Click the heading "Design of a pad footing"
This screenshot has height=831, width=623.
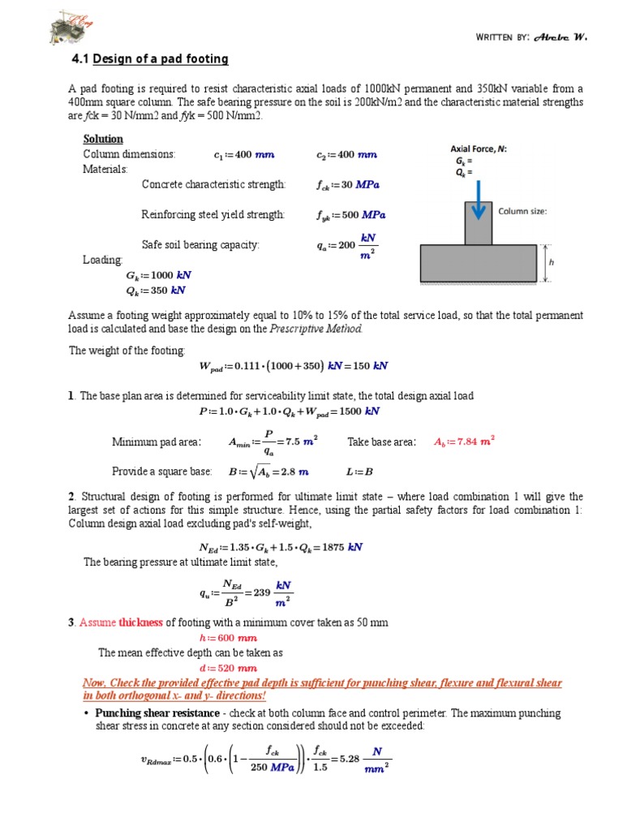tap(161, 59)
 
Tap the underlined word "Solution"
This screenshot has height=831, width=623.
tap(103, 139)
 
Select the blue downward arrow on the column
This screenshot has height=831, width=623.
tap(479, 208)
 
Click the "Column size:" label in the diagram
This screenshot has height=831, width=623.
tap(522, 211)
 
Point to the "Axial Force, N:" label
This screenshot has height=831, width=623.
tap(479, 149)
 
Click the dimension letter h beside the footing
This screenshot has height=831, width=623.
tap(552, 263)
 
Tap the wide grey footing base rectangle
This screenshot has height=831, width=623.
tap(477, 264)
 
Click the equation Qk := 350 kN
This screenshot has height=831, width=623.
tap(151, 290)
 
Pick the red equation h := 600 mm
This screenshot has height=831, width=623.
tap(221, 638)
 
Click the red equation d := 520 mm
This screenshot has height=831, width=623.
tap(221, 668)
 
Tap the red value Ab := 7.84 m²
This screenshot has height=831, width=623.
tap(464, 441)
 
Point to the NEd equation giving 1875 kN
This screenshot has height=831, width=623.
tap(281, 546)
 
